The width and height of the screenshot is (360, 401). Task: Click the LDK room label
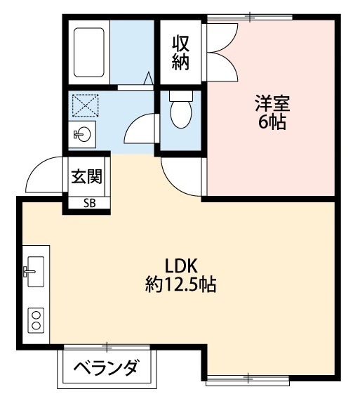[x=183, y=265]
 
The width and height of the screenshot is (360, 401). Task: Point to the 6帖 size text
[x=272, y=122]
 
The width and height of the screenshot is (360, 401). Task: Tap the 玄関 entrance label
[x=86, y=176]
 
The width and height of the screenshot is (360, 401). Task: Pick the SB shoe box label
[x=90, y=204]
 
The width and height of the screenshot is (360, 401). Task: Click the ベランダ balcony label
[x=106, y=369]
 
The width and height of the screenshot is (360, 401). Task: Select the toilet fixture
[x=180, y=111]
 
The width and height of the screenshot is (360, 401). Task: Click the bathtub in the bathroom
[x=89, y=53]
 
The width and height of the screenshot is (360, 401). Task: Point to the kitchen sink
[x=34, y=270]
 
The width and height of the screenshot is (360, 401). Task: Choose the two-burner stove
[x=35, y=320]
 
